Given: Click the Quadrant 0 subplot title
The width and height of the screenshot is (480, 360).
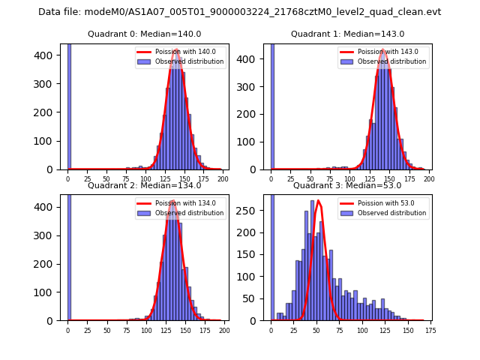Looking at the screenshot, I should [144, 34].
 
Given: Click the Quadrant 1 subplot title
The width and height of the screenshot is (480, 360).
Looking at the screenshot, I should [347, 34].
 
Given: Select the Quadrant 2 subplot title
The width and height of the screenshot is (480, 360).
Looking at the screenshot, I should [144, 185].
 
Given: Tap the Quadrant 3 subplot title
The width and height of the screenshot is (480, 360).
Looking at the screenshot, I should [347, 185].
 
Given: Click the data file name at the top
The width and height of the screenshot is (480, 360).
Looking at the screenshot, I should [239, 12].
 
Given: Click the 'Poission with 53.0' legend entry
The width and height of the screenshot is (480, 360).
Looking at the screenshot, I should [382, 203].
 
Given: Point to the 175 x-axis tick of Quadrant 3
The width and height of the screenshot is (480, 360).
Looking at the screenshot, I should [430, 328].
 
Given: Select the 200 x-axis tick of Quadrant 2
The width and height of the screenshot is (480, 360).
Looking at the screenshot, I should [223, 328].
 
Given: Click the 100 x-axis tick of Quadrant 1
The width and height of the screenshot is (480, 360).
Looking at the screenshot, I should [348, 177].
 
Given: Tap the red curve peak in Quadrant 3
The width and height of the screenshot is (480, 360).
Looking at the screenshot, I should [318, 201].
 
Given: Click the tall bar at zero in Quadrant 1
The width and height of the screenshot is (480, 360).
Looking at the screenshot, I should [271, 105].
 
